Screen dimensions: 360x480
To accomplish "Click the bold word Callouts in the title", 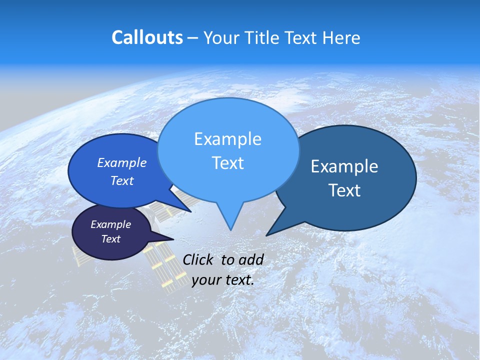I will click(x=147, y=37).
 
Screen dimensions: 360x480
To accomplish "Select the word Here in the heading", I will click(x=341, y=37).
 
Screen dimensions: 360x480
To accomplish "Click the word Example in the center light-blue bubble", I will click(x=227, y=139).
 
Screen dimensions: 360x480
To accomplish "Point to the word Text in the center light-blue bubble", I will click(x=227, y=163).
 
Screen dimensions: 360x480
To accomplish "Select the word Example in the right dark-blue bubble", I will click(x=344, y=166).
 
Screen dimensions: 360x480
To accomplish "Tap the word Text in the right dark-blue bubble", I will click(x=344, y=190).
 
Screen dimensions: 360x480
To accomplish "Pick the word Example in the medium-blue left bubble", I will click(x=122, y=163).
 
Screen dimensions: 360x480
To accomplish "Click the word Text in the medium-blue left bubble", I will click(x=122, y=181).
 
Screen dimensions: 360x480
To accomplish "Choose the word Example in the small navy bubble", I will click(x=111, y=224).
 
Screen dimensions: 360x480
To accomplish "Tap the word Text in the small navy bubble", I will click(x=111, y=239).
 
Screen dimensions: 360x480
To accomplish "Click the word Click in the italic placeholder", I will click(x=199, y=259).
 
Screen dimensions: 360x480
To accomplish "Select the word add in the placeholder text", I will click(x=250, y=259).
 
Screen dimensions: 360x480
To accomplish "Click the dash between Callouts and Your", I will click(x=193, y=38).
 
